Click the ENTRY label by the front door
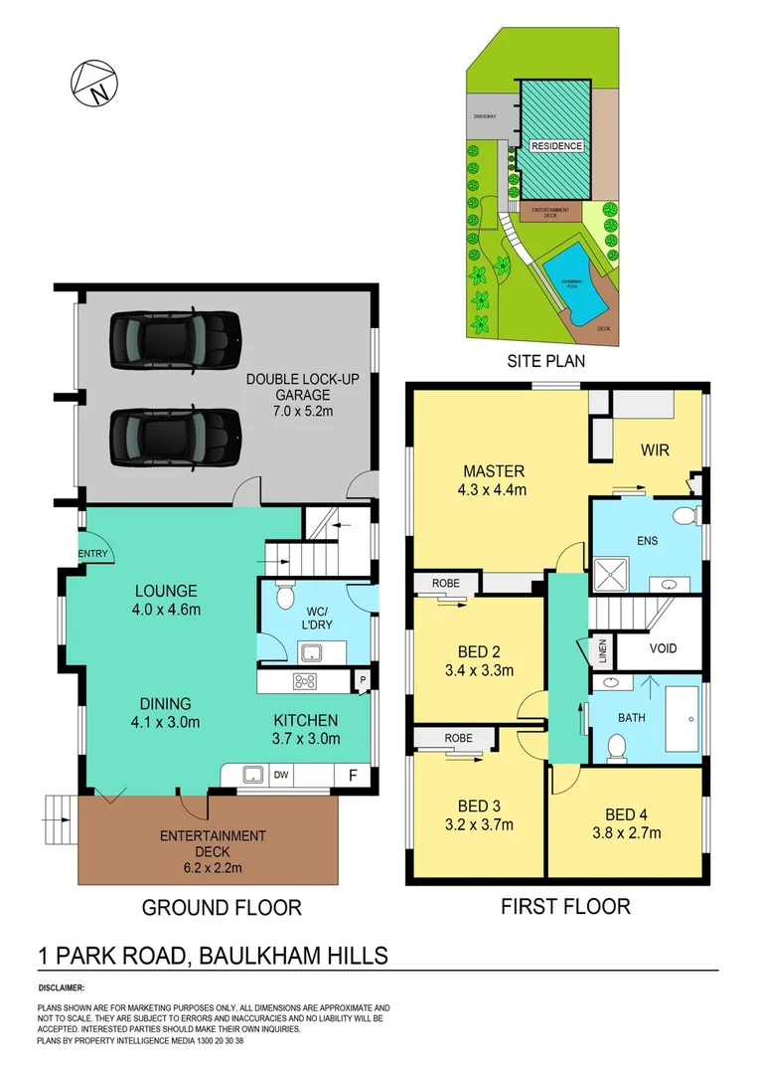[93, 554]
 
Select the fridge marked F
[353, 773]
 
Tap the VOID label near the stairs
[663, 648]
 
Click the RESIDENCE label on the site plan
[556, 146]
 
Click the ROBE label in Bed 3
[446, 738]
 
